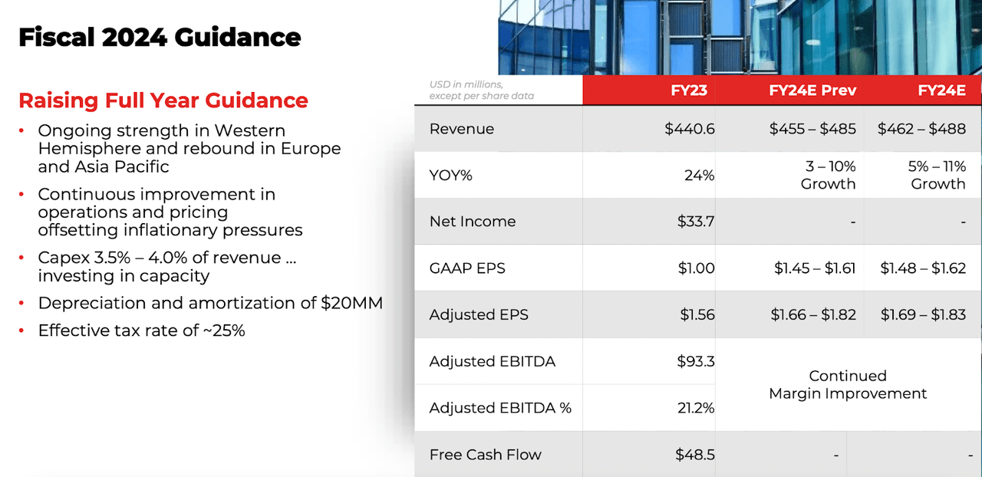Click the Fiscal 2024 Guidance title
[x=160, y=37]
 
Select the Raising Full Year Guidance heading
[x=163, y=100]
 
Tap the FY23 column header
[x=689, y=90]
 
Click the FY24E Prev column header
[x=812, y=90]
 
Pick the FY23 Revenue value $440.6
[x=690, y=129]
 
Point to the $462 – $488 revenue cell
[x=921, y=129]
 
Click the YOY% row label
[x=450, y=176]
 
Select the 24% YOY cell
[x=699, y=176]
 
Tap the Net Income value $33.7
[x=696, y=222]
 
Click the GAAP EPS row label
[x=467, y=268]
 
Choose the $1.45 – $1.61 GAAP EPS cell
[x=815, y=268]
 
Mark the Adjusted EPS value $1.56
[x=697, y=314]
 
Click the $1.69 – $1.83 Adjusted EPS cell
[x=923, y=314]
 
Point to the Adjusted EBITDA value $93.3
[x=696, y=361]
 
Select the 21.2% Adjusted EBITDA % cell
[x=696, y=408]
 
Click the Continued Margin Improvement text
[x=848, y=384]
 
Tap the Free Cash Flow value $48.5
[x=695, y=455]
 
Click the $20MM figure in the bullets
[x=351, y=303]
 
